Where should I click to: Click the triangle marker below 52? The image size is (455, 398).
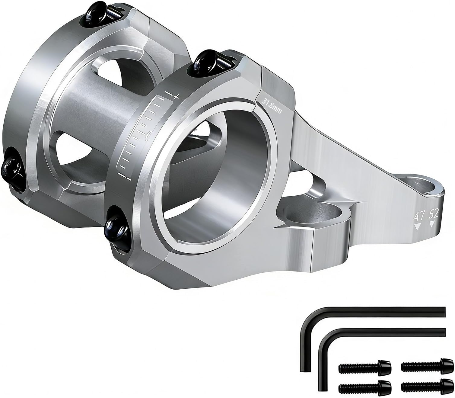(x=432, y=224)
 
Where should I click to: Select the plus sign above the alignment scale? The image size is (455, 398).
(x=176, y=97)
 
